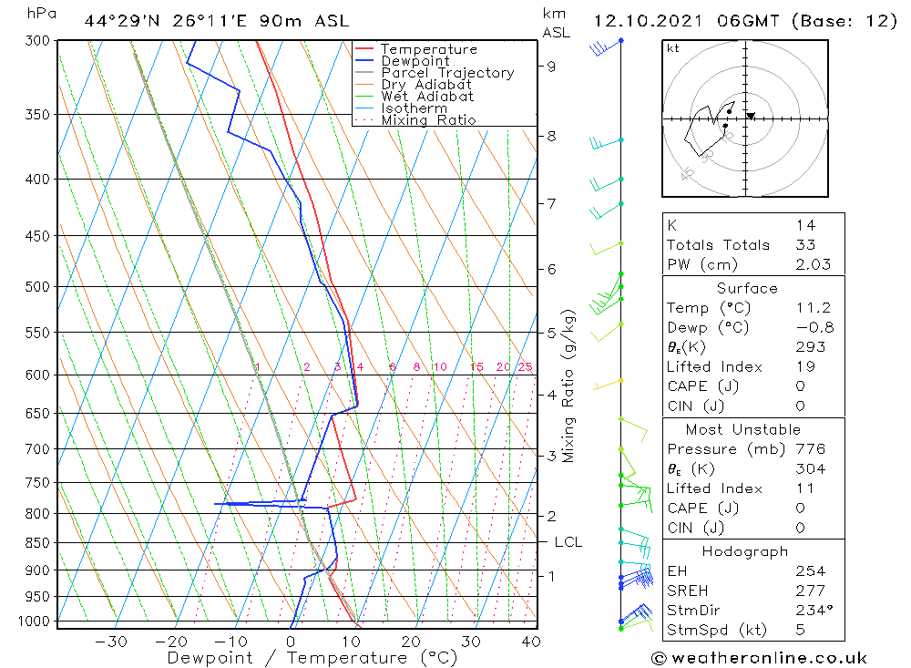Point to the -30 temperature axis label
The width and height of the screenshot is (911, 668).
pos(111,641)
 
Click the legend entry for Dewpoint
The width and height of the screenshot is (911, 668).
pos(414,61)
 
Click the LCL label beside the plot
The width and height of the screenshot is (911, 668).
pos(568,542)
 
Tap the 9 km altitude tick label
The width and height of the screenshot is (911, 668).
pos(552,66)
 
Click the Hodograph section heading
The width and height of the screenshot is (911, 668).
pos(745,551)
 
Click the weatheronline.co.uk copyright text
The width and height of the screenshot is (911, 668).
pos(759,658)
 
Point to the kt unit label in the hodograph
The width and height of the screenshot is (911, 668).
pos(672,49)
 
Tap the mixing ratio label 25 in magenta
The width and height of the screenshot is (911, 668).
pos(525,367)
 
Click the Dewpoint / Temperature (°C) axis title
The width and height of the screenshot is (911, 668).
pos(312,658)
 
